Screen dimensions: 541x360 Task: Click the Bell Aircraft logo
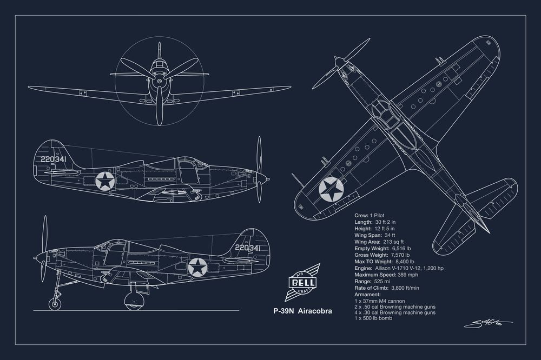pos(302,282)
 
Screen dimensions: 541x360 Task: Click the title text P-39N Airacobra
pos(302,311)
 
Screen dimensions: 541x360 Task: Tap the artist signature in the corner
pos(488,323)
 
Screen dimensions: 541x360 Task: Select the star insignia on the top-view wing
pos(331,189)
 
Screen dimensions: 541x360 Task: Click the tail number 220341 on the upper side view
pos(56,158)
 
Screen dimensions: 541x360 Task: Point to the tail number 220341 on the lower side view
pos(247,248)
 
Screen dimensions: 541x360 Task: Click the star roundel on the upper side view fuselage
pos(104,181)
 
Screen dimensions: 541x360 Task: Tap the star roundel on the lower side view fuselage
pos(197,267)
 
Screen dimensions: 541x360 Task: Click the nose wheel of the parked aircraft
pos(55,303)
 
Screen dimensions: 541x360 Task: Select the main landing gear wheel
pos(134,301)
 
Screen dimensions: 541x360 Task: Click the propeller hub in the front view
pos(159,82)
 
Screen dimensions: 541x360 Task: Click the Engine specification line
pos(399,268)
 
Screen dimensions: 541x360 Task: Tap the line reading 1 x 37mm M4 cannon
pos(380,301)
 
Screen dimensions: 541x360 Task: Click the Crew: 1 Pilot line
pos(369,216)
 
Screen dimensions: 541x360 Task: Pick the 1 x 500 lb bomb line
pos(373,318)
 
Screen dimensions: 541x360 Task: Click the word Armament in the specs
pos(367,295)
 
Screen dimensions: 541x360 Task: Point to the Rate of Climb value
pos(405,288)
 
